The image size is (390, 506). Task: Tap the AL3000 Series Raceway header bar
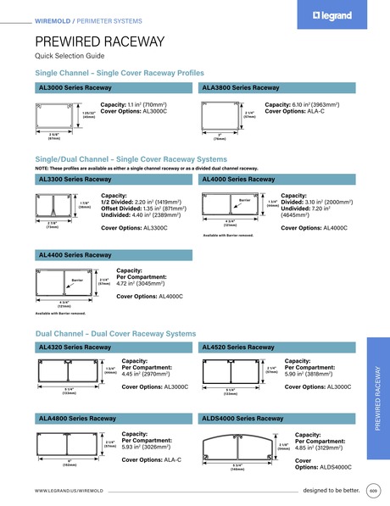tap(115, 88)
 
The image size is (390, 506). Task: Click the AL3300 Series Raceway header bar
tap(115, 181)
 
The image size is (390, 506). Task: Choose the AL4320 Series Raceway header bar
tap(115, 348)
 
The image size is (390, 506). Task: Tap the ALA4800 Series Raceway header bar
tap(115, 419)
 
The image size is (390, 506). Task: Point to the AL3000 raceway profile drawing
tap(58, 116)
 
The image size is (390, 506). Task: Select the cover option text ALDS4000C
tap(314, 467)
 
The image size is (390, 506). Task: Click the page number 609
tap(374, 491)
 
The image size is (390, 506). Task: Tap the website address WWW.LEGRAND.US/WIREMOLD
tap(75, 491)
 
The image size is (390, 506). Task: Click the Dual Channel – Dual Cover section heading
tap(115, 334)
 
